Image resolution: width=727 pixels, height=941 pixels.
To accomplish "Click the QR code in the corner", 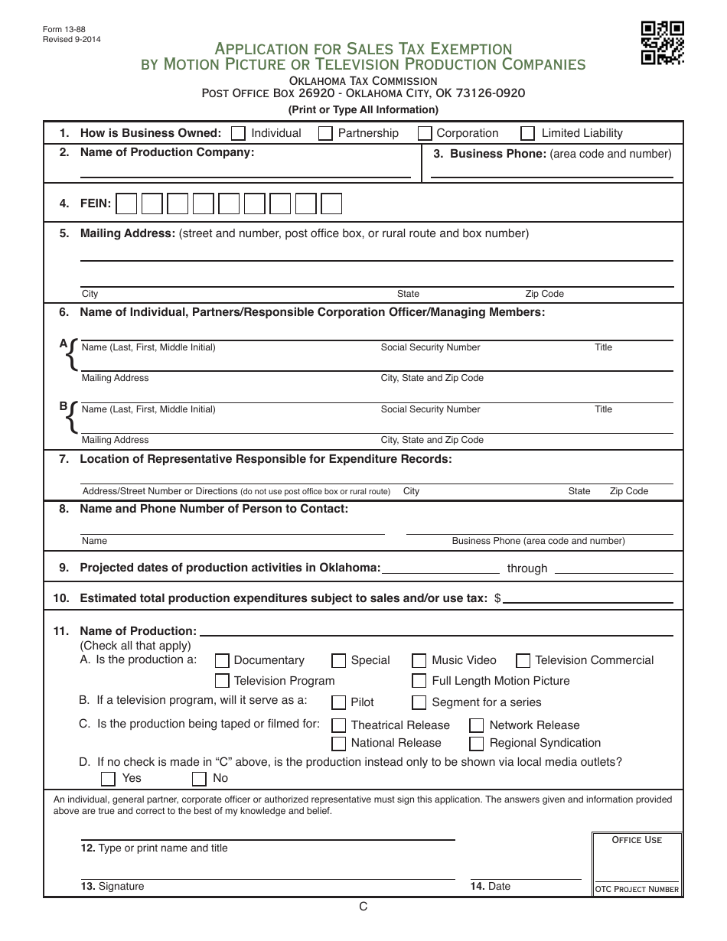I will pos(662,43).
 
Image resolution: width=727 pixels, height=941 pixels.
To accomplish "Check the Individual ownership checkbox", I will pos(238,133).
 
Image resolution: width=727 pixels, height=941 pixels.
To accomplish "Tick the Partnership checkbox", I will pos(325,133).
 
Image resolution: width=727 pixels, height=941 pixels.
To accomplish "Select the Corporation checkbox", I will pos(425,133).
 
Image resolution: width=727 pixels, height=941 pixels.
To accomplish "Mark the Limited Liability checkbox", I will pos(527,133).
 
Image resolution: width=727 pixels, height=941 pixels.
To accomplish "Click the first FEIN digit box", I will pos(127,204).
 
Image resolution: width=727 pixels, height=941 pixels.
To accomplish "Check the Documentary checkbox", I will pos(222,661).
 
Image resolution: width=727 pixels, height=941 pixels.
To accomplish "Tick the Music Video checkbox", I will pos(419,661).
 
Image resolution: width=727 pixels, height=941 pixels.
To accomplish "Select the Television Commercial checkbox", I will pos(523,661).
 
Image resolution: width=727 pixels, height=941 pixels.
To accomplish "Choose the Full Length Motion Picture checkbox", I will pos(419,681).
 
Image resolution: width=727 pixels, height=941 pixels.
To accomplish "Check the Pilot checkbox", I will pos(338,702).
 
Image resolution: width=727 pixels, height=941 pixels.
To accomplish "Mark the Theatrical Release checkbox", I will pos(338,725).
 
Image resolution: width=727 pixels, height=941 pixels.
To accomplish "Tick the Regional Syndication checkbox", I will pos(476,744).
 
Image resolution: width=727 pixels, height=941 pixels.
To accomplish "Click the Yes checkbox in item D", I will pos(109,779).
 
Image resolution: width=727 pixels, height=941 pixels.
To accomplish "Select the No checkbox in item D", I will pos(199,779).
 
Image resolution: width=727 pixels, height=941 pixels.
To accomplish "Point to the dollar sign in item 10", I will pos(497,598).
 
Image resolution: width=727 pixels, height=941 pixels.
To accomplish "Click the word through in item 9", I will pos(527,568).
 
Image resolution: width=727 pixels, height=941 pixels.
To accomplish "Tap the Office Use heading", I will pos(637,840).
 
